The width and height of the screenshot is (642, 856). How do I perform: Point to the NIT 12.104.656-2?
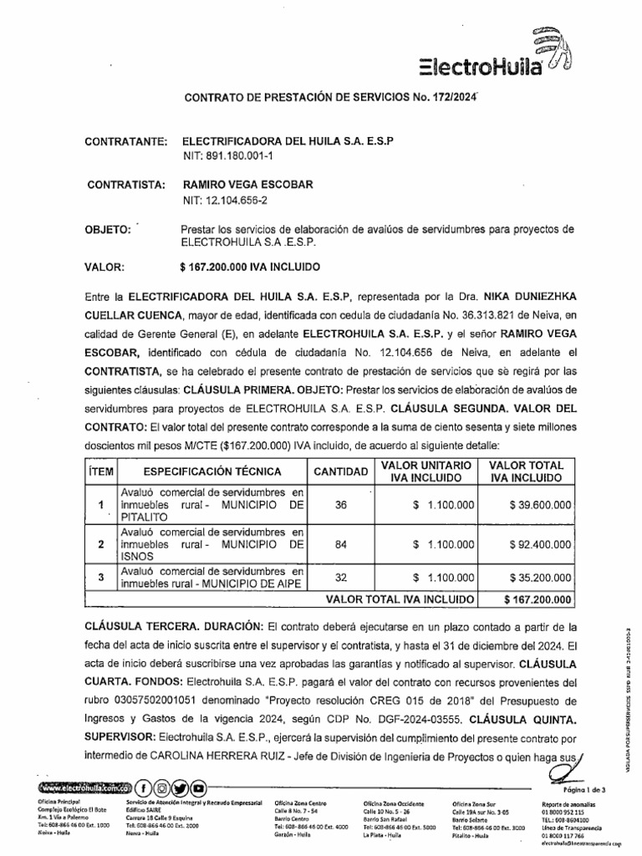(x=226, y=200)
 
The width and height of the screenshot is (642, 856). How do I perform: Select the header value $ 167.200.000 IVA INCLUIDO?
(x=249, y=267)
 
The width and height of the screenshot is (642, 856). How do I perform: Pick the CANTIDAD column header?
(x=340, y=472)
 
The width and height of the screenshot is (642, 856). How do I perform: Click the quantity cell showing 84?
(x=339, y=543)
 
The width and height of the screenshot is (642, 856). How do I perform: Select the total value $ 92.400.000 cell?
(x=529, y=544)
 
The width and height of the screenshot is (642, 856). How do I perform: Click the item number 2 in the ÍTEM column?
(x=100, y=544)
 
